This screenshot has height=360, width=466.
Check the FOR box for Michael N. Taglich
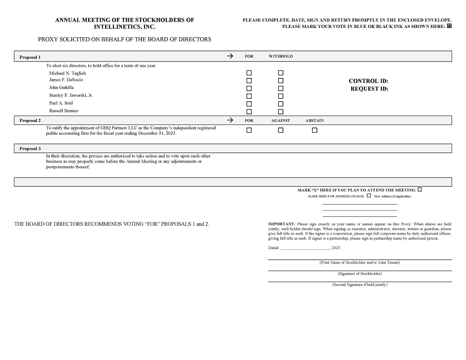click(x=249, y=73)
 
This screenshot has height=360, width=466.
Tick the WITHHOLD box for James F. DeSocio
click(x=280, y=80)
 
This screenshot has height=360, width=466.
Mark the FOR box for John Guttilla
click(x=249, y=88)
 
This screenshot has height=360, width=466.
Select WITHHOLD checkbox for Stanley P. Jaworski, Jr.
click(x=280, y=96)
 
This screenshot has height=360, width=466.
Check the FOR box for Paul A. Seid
click(x=249, y=104)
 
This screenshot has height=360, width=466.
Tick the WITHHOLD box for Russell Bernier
click(x=280, y=112)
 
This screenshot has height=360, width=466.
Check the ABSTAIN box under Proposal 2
click(x=314, y=130)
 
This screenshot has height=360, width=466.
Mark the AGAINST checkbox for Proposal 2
click(x=280, y=130)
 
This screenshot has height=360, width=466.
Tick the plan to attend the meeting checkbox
click(x=420, y=190)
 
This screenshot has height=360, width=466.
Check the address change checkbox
click(x=369, y=196)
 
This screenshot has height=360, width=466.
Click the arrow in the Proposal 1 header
click(x=230, y=56)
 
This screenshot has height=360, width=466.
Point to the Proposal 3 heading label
click(x=30, y=149)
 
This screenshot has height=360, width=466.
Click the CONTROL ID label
click(x=369, y=81)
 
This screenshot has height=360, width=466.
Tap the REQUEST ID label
click(x=369, y=89)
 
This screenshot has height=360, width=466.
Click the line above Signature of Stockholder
click(x=360, y=271)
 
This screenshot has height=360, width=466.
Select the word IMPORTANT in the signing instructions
click(x=281, y=224)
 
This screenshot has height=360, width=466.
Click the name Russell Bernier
click(x=64, y=111)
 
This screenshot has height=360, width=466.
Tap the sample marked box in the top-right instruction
click(x=449, y=26)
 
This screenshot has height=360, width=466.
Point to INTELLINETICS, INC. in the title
click(x=125, y=27)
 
